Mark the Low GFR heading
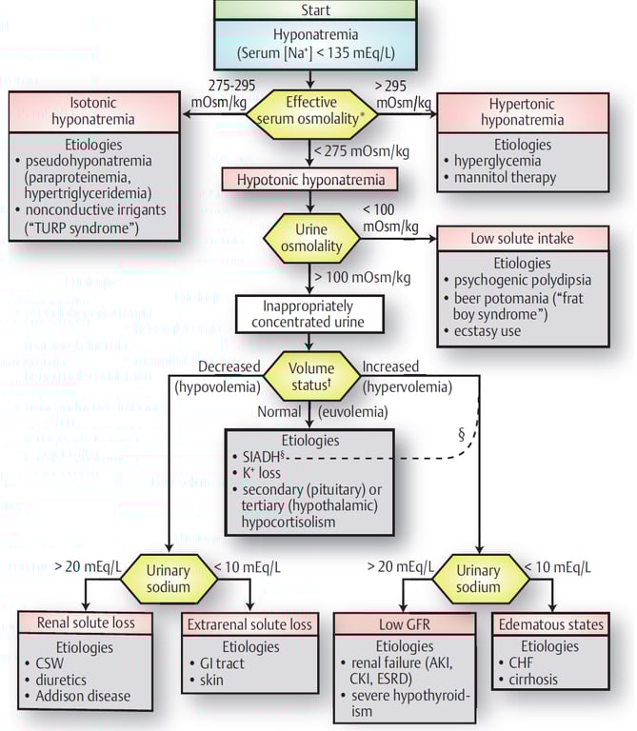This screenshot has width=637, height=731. click(406, 625)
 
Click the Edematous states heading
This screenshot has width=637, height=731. click(549, 625)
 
